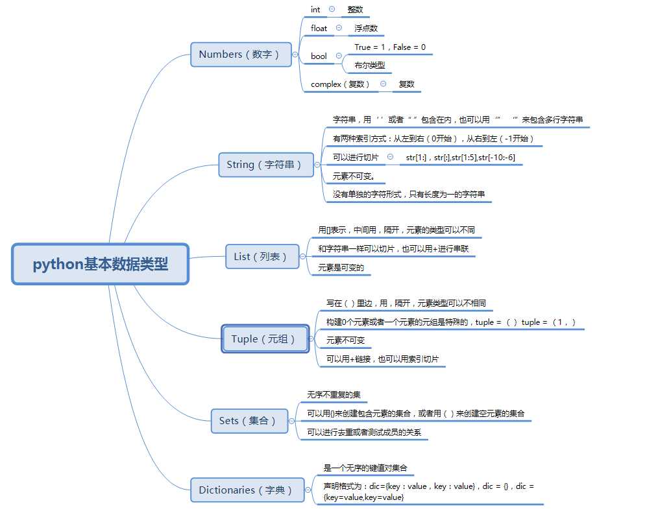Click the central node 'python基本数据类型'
[100, 264]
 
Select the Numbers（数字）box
[239, 54]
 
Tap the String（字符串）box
[264, 165]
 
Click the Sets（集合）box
[249, 421]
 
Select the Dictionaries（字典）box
[246, 490]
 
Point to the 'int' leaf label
[315, 10]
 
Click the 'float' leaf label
[319, 29]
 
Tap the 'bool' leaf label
[319, 56]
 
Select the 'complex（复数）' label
[341, 84]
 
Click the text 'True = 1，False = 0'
[390, 47]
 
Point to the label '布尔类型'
[369, 65]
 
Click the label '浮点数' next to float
[366, 29]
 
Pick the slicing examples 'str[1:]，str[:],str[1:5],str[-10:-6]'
[460, 158]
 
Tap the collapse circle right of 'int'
[332, 9]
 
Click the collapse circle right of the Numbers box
[295, 54]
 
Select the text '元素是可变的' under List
[341, 267]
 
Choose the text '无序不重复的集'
[334, 395]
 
